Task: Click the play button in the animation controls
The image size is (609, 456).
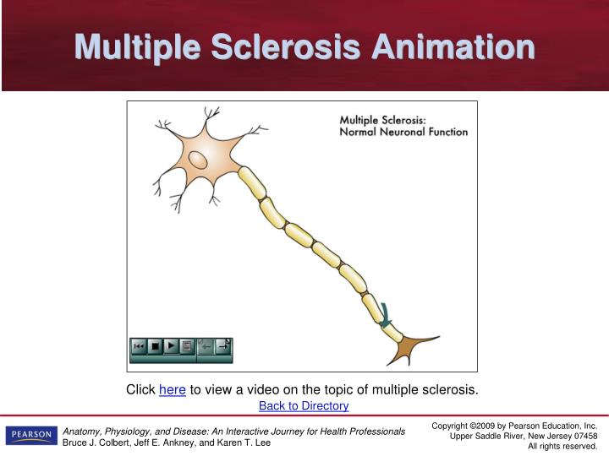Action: pyautogui.click(x=171, y=346)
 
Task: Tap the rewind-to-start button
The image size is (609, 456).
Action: pyautogui.click(x=139, y=346)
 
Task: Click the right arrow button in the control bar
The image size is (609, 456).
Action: pyautogui.click(x=222, y=346)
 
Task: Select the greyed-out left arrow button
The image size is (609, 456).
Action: pyautogui.click(x=206, y=346)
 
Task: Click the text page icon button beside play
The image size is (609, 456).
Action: pyautogui.click(x=186, y=346)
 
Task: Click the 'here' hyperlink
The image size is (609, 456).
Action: pyautogui.click(x=172, y=389)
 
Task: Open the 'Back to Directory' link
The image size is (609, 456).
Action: pyautogui.click(x=304, y=406)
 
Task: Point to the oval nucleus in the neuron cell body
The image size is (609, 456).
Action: pyautogui.click(x=197, y=159)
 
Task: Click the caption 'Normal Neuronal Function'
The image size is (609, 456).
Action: pyautogui.click(x=403, y=132)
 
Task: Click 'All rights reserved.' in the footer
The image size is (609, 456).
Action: pyautogui.click(x=562, y=446)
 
